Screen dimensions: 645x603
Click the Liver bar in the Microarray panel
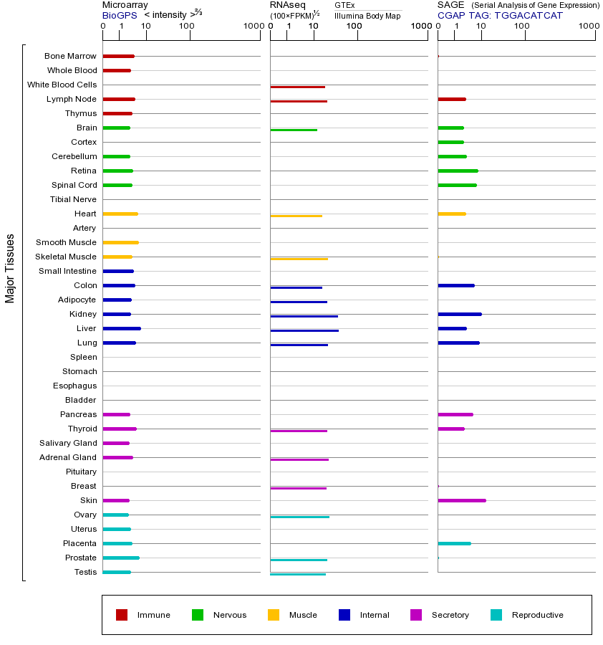click(122, 328)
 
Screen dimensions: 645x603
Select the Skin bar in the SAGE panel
click(462, 500)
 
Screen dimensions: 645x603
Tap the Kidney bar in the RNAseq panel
click(304, 316)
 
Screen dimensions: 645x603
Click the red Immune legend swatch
click(122, 615)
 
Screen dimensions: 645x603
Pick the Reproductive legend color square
click(496, 615)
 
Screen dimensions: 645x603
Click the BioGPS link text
click(120, 15)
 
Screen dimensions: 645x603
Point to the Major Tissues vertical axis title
click(10, 268)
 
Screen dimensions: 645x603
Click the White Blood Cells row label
click(62, 85)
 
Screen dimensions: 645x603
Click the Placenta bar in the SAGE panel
click(454, 543)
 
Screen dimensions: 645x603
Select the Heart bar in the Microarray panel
click(120, 214)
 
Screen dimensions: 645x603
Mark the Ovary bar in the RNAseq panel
click(299, 517)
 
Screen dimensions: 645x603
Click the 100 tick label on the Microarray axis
click(187, 27)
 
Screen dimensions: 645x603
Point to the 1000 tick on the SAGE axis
click(589, 27)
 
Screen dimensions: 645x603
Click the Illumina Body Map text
click(367, 16)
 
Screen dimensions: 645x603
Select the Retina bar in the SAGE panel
click(458, 171)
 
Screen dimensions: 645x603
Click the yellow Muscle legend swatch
click(274, 615)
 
